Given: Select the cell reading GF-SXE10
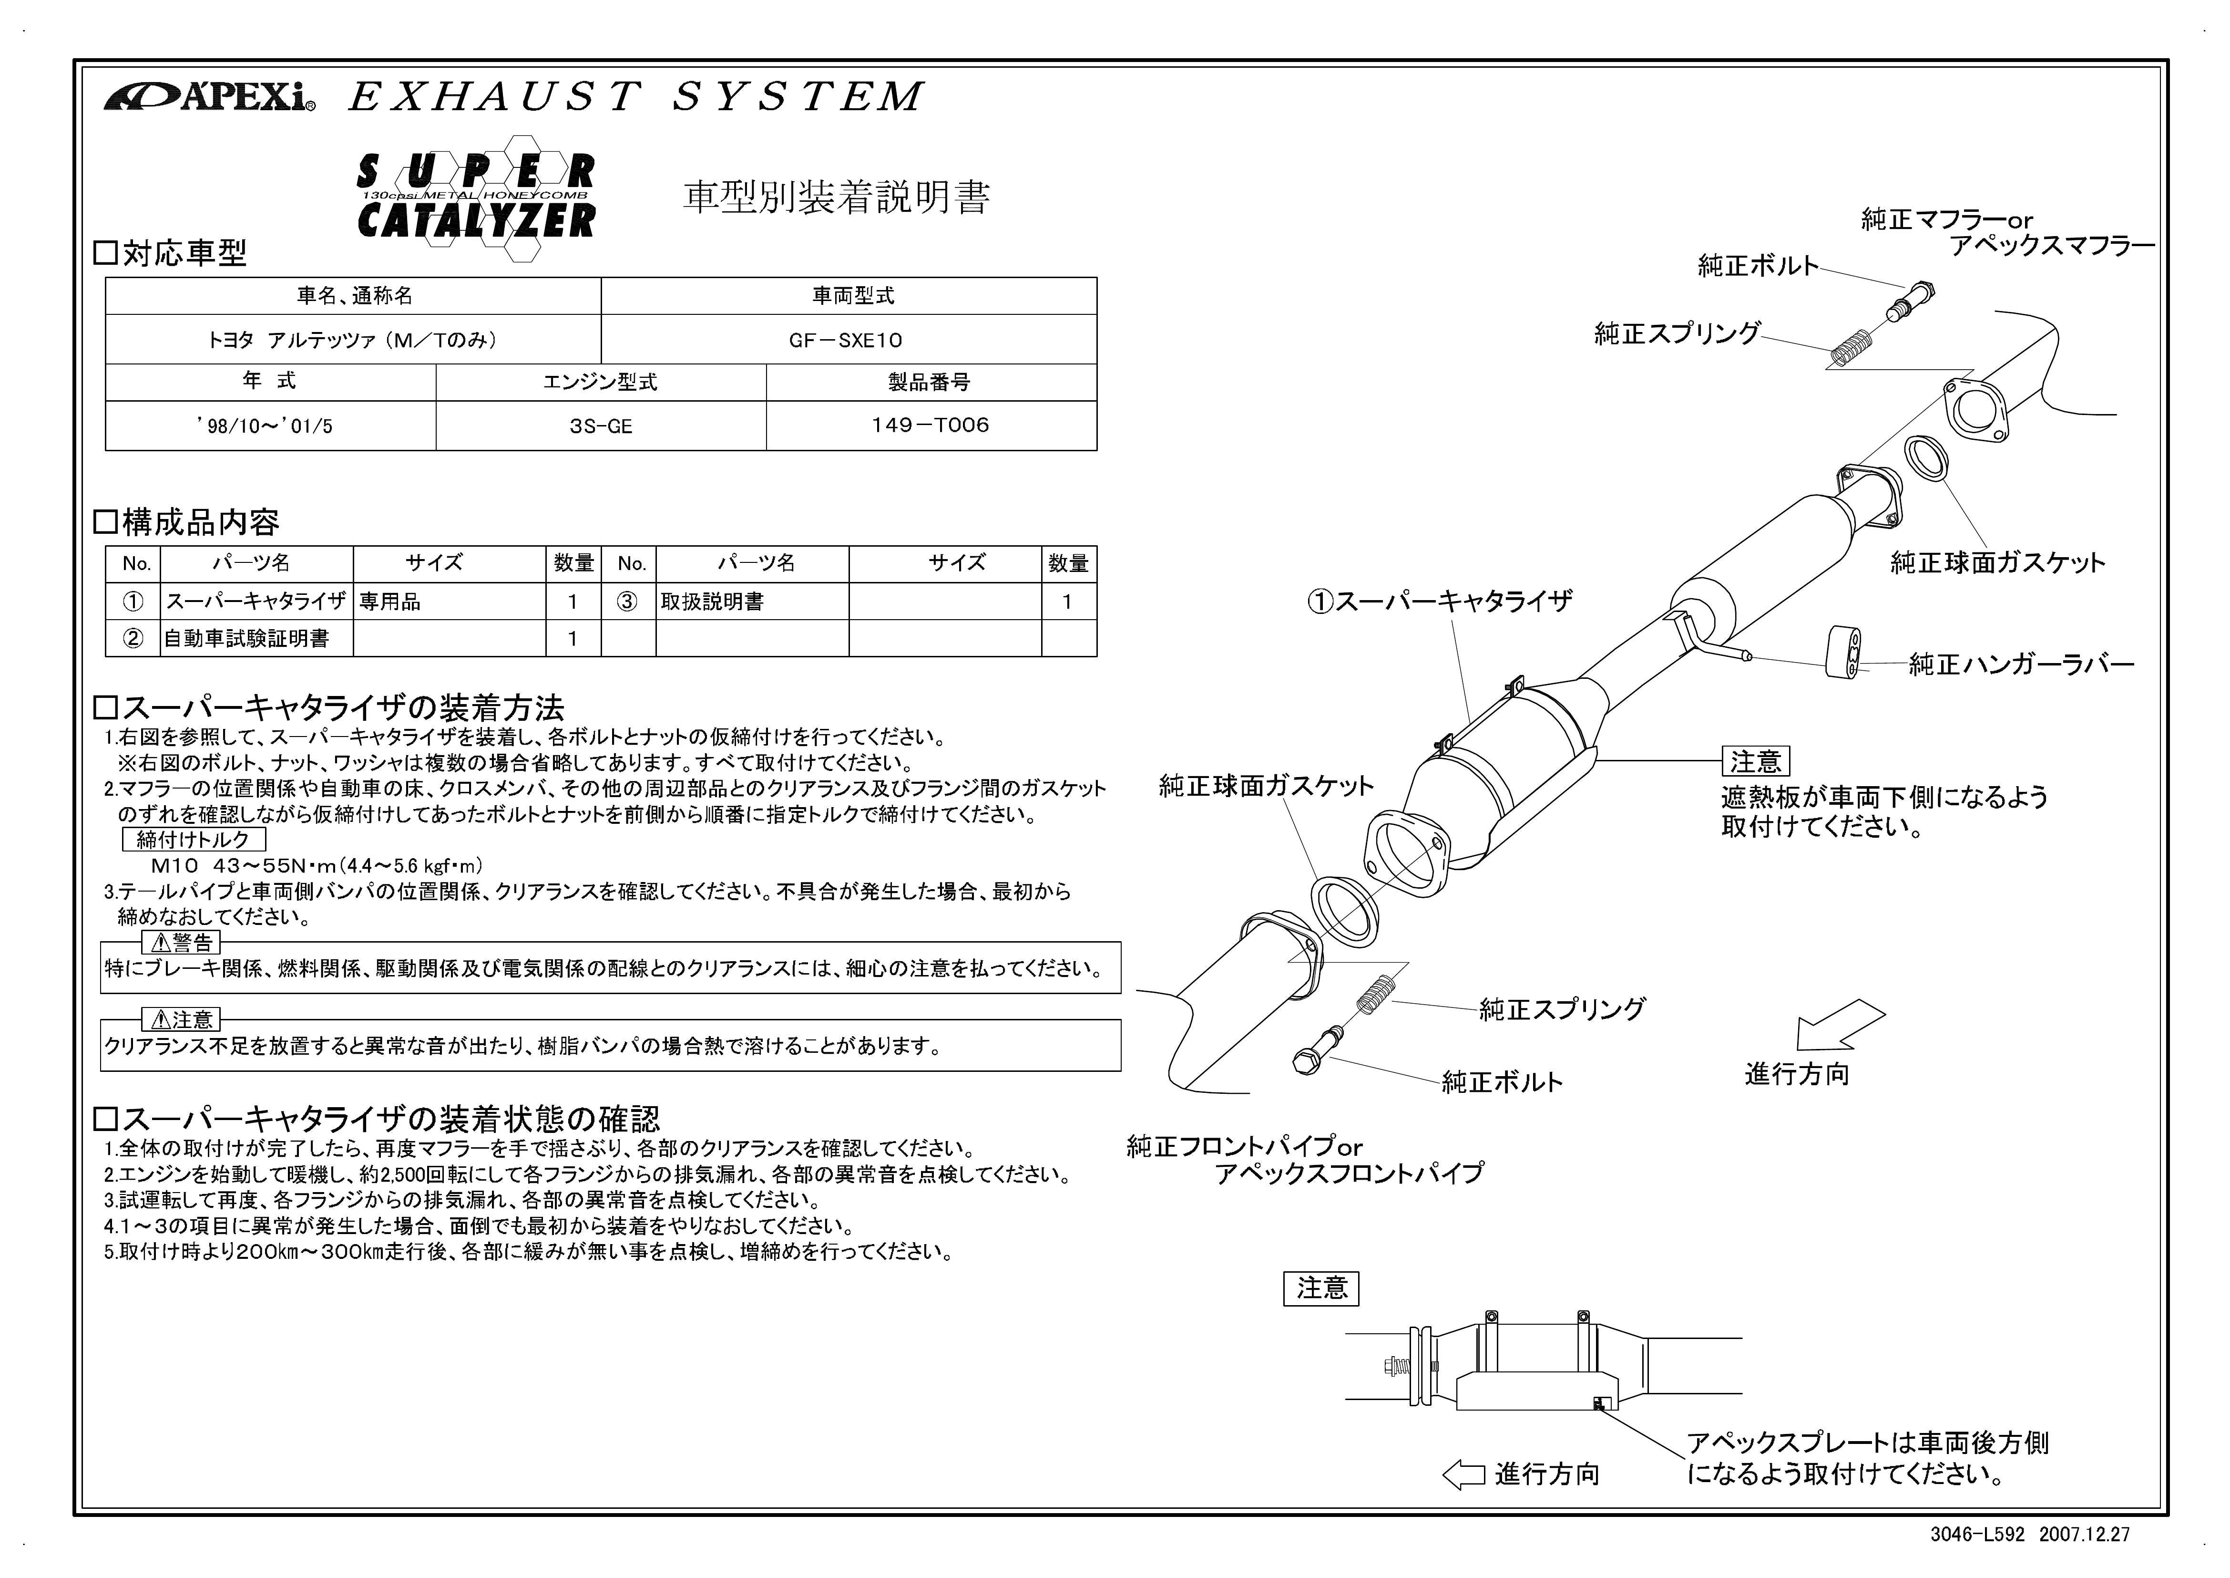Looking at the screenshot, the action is click(849, 339).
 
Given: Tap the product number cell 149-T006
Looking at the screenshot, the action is click(931, 425).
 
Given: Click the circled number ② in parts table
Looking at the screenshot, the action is click(133, 638).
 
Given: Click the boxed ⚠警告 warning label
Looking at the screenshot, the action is click(182, 942).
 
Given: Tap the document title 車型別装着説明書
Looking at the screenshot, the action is click(836, 197).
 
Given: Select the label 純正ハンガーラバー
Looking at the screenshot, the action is click(2021, 664).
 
